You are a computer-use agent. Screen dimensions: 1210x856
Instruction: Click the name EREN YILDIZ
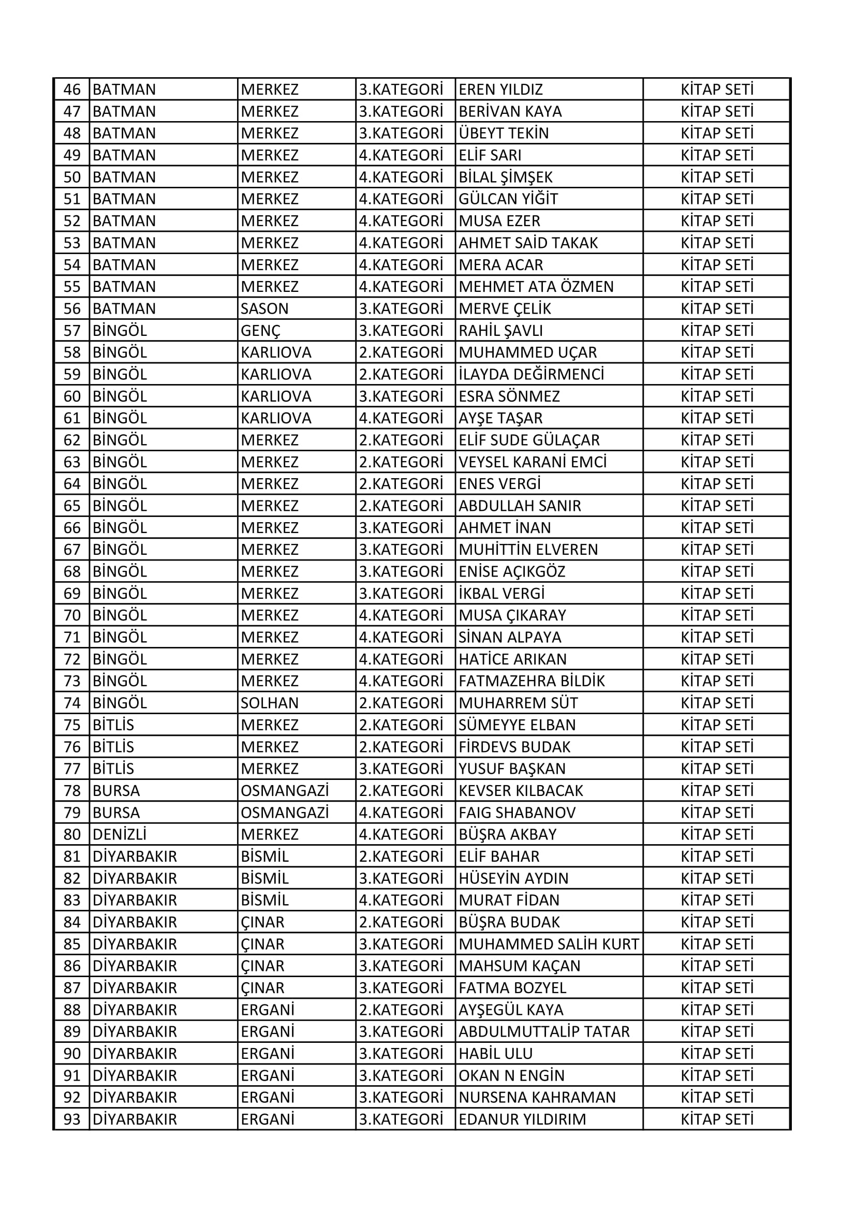500,90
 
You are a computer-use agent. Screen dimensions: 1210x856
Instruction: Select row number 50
72,177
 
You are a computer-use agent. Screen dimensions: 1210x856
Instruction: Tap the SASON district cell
264,309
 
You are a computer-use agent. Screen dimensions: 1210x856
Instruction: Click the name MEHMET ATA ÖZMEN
536,287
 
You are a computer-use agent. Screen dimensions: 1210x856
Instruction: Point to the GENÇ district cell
260,331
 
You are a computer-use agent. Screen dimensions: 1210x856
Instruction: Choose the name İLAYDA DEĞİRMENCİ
532,375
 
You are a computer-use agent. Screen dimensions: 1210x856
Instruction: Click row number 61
72,419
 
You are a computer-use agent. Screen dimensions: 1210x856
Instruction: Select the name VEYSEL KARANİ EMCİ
533,462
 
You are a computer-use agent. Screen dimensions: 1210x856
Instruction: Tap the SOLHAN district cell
269,703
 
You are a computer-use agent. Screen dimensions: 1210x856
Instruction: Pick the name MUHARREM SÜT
518,703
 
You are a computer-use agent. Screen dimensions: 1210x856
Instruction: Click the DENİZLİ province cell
119,835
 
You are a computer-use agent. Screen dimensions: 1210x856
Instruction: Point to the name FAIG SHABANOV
517,813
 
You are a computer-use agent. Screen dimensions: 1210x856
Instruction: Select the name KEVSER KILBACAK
521,791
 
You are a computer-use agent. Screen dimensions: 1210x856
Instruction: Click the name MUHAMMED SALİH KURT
549,945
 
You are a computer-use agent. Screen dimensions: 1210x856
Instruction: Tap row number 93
72,1119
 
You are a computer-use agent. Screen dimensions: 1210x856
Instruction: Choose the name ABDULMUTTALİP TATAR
544,1032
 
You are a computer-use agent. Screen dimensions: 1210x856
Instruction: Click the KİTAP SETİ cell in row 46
717,90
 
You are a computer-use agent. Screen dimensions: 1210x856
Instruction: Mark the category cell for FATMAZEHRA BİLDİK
401,682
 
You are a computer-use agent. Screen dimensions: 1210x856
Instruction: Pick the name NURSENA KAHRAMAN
537,1098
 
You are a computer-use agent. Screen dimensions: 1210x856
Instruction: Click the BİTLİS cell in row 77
113,769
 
